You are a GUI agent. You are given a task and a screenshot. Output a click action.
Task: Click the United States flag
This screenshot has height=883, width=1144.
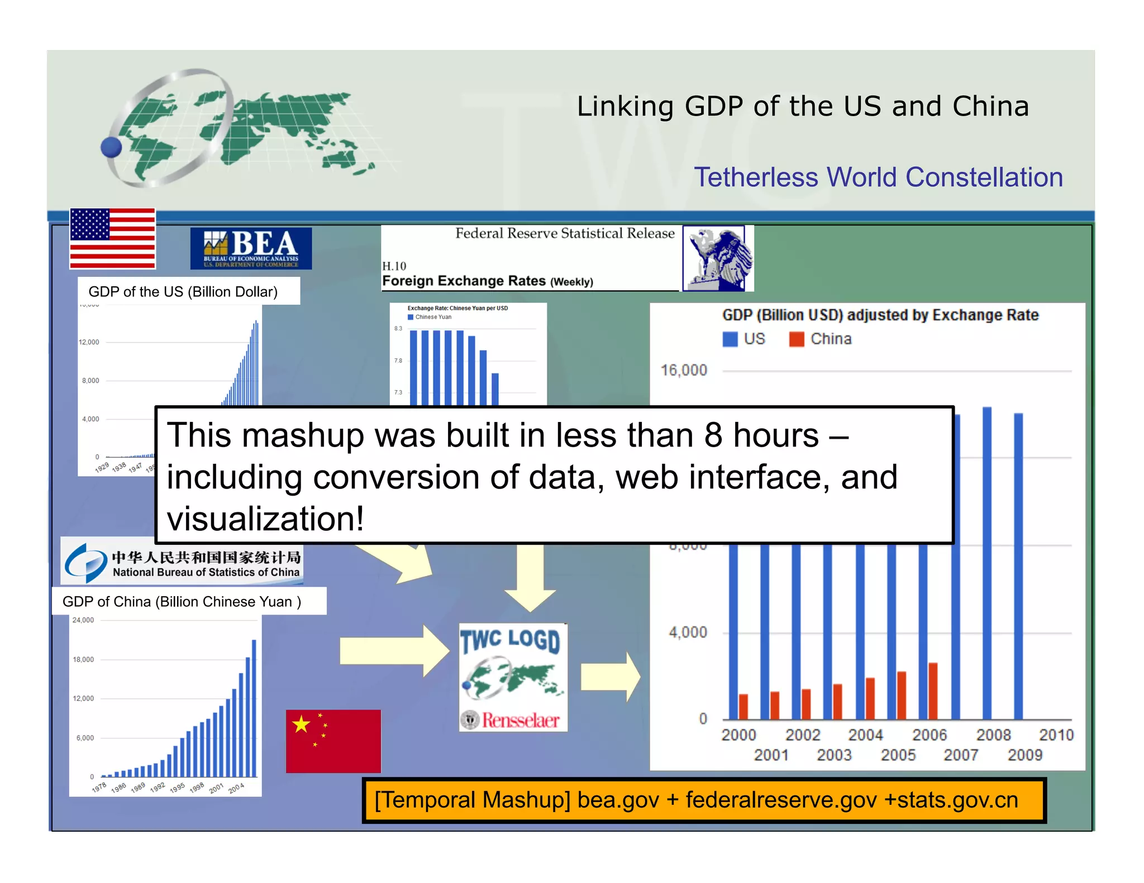(112, 238)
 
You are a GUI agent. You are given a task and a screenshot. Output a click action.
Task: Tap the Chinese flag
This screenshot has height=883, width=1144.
(333, 741)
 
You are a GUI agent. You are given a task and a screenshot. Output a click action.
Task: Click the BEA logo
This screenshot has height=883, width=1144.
(251, 248)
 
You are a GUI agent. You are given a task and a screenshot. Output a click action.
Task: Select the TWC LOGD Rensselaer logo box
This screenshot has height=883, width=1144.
(513, 677)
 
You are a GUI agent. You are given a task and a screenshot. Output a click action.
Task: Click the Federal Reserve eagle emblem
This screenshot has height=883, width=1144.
(717, 258)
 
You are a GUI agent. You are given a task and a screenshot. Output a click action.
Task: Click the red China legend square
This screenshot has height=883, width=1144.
(796, 339)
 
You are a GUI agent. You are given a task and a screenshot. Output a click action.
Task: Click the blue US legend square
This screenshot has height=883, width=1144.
(730, 339)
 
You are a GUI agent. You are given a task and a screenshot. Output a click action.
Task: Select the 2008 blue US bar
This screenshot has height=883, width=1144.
(987, 564)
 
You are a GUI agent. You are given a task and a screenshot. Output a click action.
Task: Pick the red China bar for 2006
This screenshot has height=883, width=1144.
(933, 691)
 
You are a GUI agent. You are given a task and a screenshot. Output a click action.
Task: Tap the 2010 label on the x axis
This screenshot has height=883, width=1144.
(1056, 735)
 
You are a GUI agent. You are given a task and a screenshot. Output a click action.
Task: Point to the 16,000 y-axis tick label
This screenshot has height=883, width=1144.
(684, 370)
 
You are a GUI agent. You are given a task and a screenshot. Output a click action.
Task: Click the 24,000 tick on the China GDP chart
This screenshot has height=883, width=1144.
(83, 620)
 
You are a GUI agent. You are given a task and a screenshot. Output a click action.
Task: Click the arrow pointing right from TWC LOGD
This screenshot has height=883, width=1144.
(610, 677)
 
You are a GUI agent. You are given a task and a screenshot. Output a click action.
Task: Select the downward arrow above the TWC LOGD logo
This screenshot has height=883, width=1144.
(530, 578)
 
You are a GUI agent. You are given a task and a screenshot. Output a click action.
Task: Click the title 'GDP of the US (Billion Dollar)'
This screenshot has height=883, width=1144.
(183, 291)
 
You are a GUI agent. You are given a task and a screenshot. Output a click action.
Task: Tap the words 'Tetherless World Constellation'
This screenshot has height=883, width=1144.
(878, 177)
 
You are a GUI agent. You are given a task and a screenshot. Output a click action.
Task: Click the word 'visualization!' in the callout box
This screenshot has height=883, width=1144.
(265, 519)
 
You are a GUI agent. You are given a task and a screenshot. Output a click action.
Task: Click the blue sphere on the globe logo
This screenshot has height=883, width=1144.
(111, 148)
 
